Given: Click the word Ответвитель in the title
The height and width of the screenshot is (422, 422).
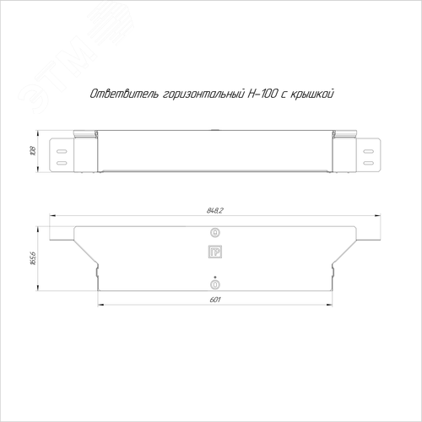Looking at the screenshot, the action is [124, 94].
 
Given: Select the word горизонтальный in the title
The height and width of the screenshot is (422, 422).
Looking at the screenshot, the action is [203, 95].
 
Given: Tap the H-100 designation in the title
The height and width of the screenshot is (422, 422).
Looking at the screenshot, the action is [262, 94].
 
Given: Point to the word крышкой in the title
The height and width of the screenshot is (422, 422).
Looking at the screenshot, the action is [311, 94].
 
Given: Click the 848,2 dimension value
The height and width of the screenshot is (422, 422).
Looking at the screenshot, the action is [215, 210].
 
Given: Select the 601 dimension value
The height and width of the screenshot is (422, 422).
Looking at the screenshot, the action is [215, 300].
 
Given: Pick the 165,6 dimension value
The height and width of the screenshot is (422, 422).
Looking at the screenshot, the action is [33, 258].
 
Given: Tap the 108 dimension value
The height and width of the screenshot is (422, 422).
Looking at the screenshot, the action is [33, 151].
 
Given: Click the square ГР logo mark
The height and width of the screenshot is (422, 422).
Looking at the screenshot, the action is [215, 252].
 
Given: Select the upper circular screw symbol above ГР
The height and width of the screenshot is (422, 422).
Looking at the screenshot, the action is [215, 233].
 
